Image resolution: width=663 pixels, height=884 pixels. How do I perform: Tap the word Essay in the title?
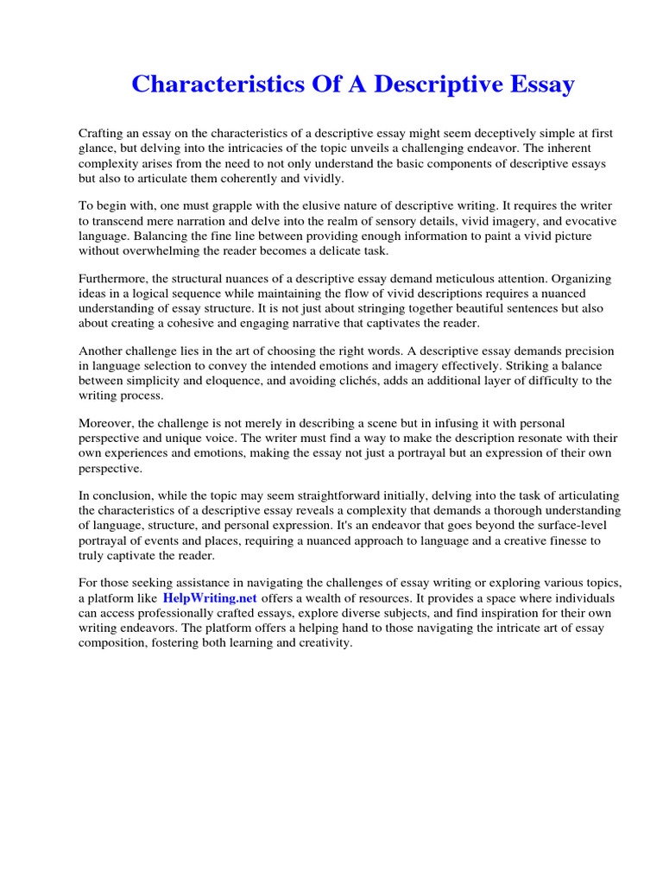click(x=537, y=85)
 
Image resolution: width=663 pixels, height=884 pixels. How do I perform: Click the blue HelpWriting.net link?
click(x=210, y=598)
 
